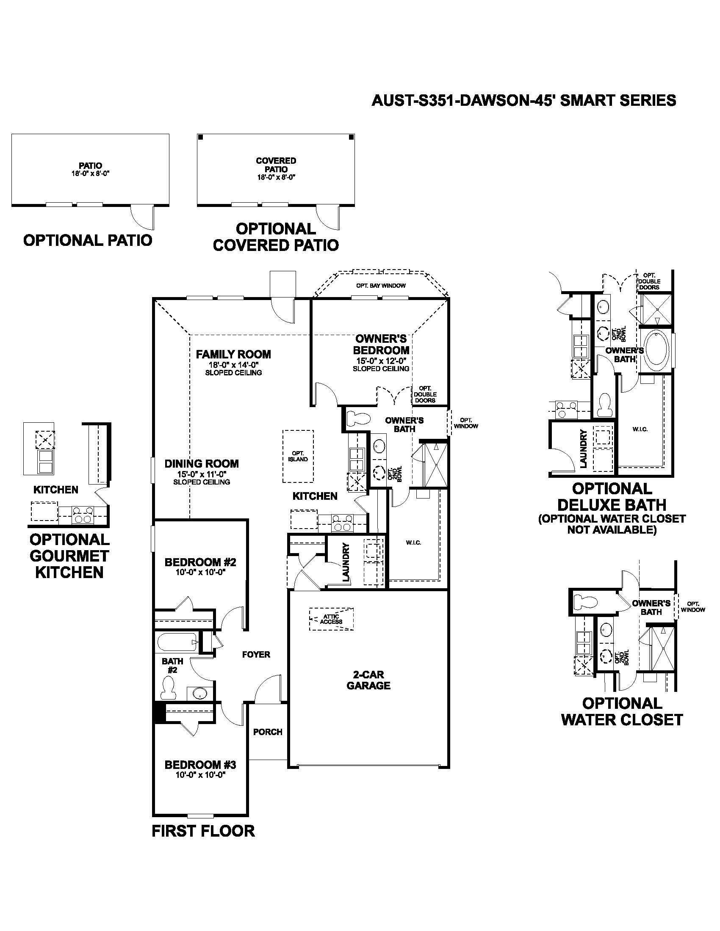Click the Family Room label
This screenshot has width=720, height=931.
(233, 354)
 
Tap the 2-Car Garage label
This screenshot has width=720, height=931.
(368, 680)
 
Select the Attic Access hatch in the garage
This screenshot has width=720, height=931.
(332, 619)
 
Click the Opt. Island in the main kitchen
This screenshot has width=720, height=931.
(298, 456)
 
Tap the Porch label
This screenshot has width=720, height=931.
(267, 732)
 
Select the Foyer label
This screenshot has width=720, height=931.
(256, 654)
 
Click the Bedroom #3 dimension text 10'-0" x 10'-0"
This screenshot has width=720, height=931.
(200, 774)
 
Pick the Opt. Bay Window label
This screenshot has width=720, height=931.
(381, 286)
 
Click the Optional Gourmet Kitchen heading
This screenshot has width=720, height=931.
(69, 556)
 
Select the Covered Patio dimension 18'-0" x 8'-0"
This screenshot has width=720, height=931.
(276, 177)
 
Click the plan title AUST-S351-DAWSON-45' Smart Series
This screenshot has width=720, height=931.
(524, 101)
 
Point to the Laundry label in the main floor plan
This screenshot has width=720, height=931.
(346, 562)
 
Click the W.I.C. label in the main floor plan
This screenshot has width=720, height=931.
(413, 543)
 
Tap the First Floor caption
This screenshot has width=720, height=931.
(203, 831)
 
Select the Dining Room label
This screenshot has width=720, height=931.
(202, 464)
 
